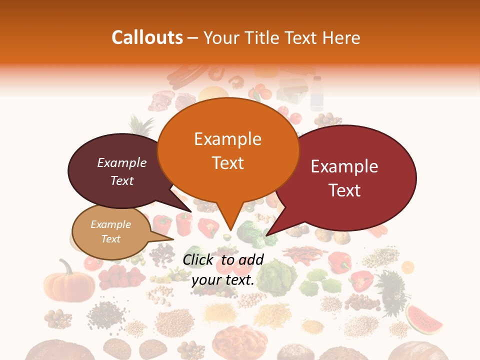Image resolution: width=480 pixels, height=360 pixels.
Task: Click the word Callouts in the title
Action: click(147, 37)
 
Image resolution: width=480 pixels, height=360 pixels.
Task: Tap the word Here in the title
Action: click(340, 37)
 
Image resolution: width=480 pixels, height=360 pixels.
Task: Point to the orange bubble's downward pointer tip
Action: click(229, 230)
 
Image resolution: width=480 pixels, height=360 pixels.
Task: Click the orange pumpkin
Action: click(68, 283)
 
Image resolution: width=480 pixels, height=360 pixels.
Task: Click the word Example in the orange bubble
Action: click(227, 139)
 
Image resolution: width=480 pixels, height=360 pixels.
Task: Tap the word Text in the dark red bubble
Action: click(345, 190)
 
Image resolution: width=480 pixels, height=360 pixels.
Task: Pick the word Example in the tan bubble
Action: click(110, 224)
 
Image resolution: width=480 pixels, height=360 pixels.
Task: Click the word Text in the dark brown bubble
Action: click(121, 180)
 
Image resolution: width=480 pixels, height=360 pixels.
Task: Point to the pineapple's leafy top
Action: click(135, 125)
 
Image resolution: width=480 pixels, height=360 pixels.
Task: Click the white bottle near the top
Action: click(316, 92)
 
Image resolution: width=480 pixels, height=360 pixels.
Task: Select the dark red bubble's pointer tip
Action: click(267, 235)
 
